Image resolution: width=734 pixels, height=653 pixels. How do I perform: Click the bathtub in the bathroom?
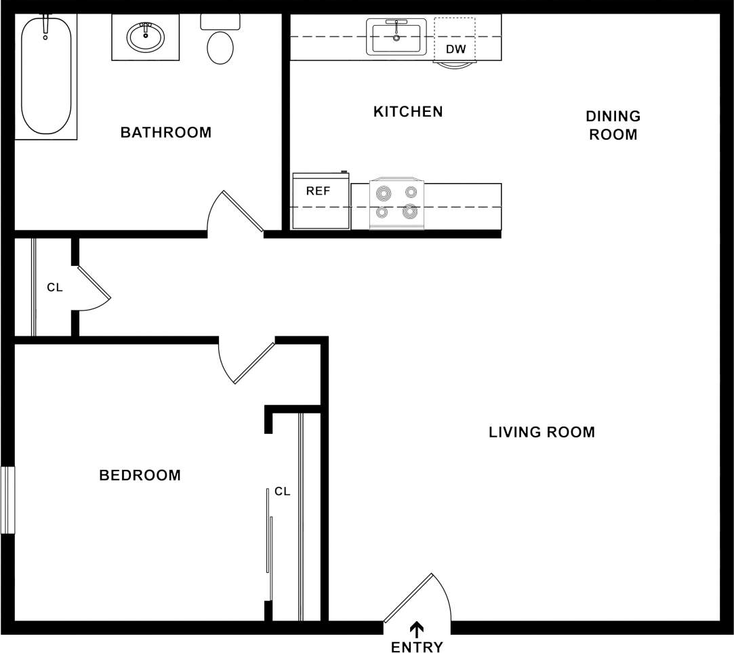coord(45,76)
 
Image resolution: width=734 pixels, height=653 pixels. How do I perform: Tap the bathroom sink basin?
coord(146,37)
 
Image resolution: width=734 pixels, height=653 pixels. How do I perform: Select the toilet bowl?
coord(220,47)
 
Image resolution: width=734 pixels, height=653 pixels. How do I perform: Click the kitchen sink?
coord(396,37)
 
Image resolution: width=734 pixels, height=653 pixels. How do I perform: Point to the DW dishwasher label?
coord(455,50)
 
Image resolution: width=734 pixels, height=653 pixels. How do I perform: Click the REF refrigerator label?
coord(318,191)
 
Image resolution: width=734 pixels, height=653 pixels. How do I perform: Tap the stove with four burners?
coord(396,202)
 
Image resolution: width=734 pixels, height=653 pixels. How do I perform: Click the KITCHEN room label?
coord(408,111)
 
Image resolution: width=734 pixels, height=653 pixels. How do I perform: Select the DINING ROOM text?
coord(613,125)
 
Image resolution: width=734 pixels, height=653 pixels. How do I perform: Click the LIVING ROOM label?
coord(542,432)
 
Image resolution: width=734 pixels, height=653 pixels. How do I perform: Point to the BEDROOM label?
coord(140,475)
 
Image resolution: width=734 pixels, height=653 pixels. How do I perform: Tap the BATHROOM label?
coord(166,132)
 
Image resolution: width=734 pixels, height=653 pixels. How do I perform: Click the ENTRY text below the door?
coord(417,646)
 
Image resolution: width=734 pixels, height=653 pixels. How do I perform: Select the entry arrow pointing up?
coord(417,629)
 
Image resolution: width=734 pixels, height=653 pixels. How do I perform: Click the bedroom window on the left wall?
coord(7,500)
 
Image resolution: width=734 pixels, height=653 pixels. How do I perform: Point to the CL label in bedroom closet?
coord(283,492)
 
